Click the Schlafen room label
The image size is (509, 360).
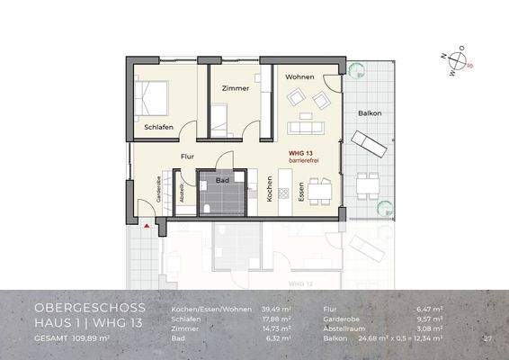pyautogui.click(x=158, y=127)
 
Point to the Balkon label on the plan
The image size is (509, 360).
pyautogui.click(x=369, y=114)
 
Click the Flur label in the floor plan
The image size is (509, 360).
pyautogui.click(x=187, y=157)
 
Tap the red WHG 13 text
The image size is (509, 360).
pyautogui.click(x=300, y=154)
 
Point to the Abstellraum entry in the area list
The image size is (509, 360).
pyautogui.click(x=345, y=328)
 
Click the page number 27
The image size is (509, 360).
pyautogui.click(x=487, y=338)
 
